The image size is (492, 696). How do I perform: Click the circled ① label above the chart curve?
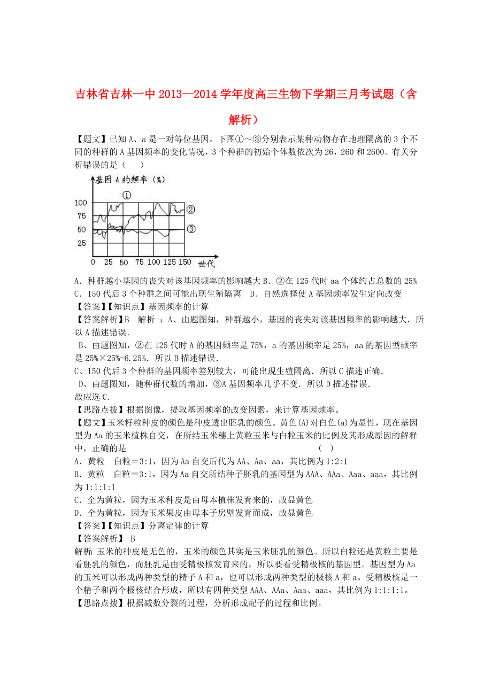click(126, 195)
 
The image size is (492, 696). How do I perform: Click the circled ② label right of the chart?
click(191, 210)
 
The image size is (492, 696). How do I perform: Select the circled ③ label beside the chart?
click(191, 229)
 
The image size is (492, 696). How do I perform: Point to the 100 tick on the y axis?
click(80, 203)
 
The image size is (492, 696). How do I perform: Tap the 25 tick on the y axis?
click(81, 243)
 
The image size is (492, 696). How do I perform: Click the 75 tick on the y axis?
click(81, 216)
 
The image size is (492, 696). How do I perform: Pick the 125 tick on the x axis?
click(169, 262)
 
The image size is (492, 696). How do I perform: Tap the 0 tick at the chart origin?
click(93, 262)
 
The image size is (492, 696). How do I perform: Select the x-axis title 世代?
click(206, 264)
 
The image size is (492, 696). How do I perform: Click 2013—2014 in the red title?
click(187, 95)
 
